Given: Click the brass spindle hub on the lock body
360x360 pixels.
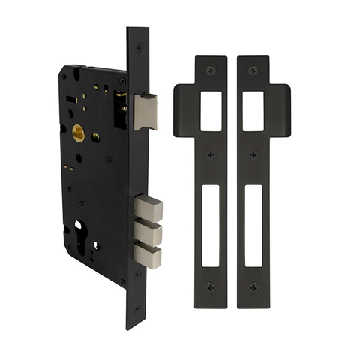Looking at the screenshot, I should point(78,134).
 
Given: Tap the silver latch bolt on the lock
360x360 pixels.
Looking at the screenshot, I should point(146,111).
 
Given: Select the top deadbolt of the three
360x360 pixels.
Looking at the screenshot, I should point(148,207).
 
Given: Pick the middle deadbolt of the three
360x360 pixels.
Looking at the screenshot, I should point(148,233).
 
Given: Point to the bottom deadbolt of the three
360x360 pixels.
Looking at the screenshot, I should point(148,257).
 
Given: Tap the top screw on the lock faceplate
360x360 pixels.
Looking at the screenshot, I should point(139,46).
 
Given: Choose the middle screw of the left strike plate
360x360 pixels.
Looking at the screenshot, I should point(211,155).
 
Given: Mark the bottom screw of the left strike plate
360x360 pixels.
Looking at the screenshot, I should point(211,286).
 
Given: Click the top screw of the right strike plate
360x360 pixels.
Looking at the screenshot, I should point(253,70).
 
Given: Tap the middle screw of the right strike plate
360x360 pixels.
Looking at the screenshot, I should point(253,155).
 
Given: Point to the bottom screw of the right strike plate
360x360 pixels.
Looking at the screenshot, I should point(253,286).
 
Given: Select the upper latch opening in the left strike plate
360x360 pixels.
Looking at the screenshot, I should point(211,111).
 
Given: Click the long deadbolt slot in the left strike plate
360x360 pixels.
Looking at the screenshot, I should point(211,225).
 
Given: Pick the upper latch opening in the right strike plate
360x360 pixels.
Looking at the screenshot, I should point(253,111).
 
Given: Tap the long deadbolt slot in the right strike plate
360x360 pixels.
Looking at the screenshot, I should point(253,225).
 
